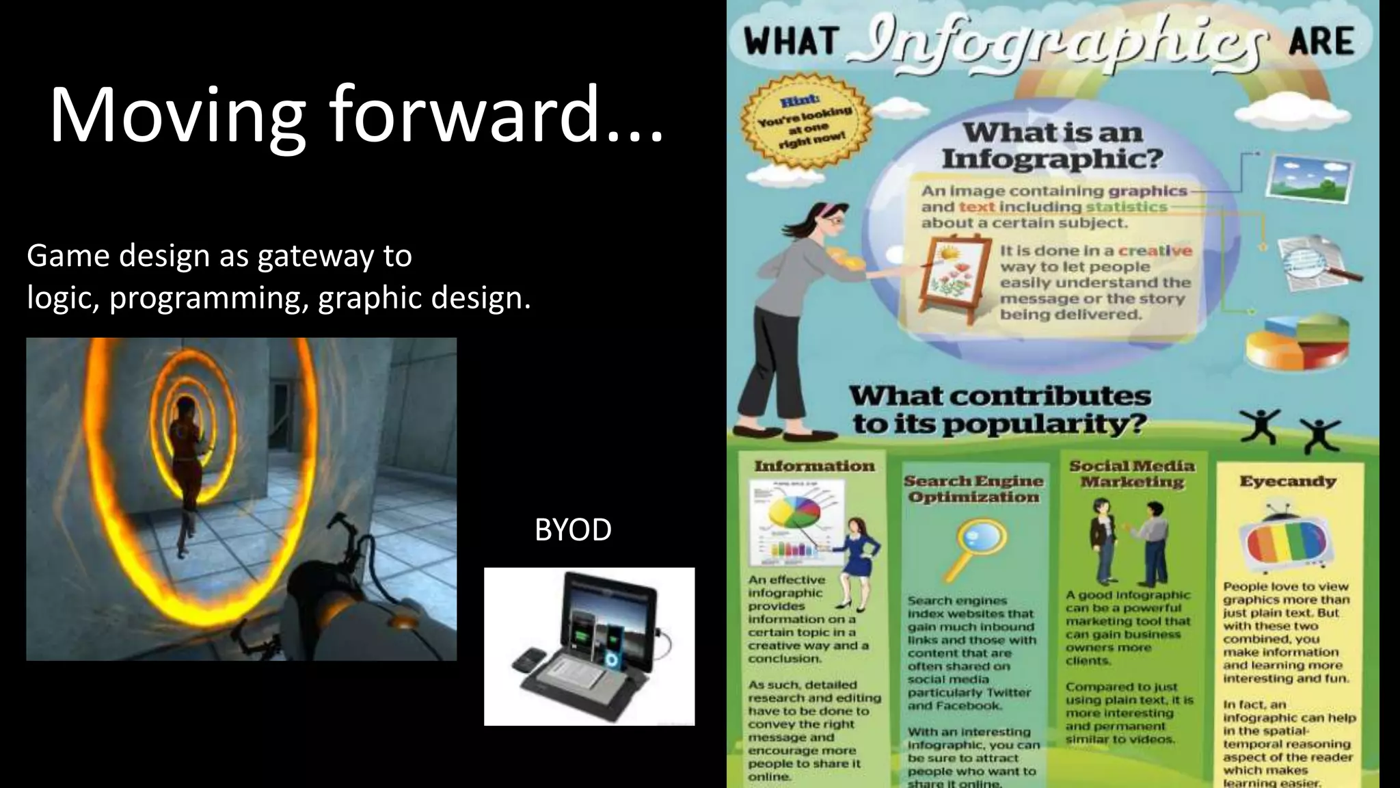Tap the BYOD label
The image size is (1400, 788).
click(x=573, y=530)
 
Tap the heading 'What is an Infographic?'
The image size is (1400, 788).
click(x=1052, y=145)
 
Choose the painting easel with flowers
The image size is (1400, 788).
click(x=954, y=273)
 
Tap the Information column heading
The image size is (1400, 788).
click(x=814, y=467)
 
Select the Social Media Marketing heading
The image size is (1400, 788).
click(x=1132, y=473)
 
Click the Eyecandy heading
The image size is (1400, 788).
click(x=1288, y=482)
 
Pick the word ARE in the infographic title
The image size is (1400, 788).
click(x=1321, y=41)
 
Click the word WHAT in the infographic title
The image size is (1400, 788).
click(x=792, y=41)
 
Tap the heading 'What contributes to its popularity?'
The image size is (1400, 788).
click(x=999, y=410)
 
